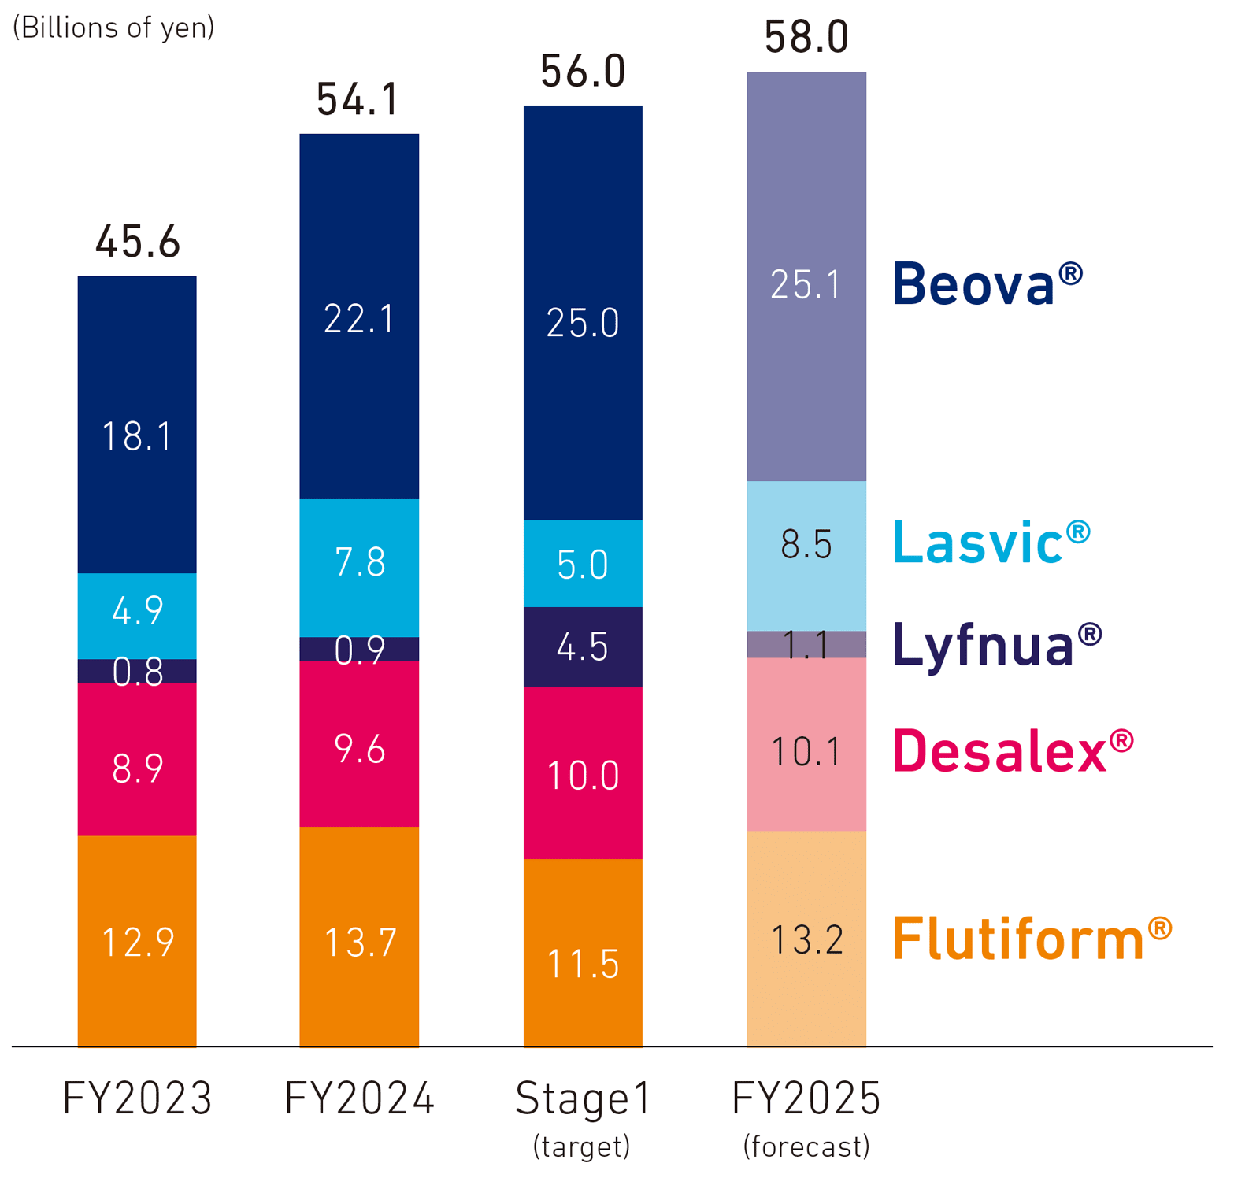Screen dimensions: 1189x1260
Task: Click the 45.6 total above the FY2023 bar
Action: (137, 242)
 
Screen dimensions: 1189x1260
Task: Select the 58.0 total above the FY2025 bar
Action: (806, 37)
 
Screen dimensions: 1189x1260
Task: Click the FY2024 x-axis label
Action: (358, 1098)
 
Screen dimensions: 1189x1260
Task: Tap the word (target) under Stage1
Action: (581, 1146)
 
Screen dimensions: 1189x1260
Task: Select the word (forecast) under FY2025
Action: (806, 1146)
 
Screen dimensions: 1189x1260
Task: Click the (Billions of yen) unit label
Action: (113, 28)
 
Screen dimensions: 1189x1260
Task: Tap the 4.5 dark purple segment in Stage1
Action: (583, 646)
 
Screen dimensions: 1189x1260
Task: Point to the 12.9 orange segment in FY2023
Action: (137, 941)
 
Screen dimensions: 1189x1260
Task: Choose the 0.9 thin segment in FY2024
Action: (359, 649)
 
